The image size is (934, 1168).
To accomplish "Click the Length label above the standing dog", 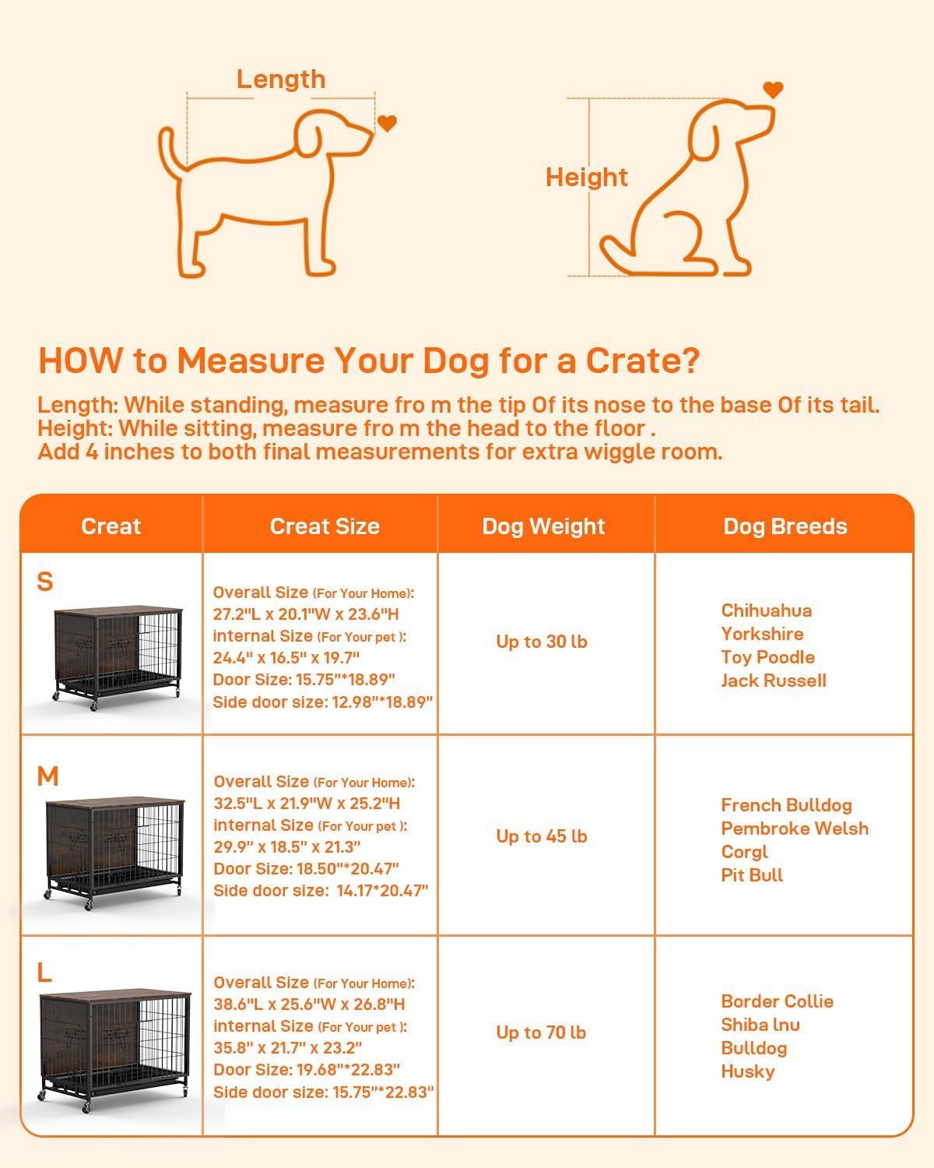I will pos(280,79).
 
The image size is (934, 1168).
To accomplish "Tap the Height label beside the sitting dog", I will pos(586,178).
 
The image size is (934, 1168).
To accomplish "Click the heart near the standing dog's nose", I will pos(387,123).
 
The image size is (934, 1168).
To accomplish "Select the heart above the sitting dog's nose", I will pos(772,90).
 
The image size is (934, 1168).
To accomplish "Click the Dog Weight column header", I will pos(543,526).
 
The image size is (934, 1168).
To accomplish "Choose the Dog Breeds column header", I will pos(785,526).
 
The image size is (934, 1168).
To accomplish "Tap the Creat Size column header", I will pos(325,526).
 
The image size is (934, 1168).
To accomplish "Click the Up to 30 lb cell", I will pos(542,642).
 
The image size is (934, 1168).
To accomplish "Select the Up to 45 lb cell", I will pos(542,836).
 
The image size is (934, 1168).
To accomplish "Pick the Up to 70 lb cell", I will pos(542,1033).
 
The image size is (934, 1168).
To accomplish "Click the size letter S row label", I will pos(45,582).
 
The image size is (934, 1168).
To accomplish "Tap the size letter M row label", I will pos(47,776).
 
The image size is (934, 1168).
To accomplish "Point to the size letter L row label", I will pos(44,973).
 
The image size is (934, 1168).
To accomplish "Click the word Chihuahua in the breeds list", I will pos(766,610).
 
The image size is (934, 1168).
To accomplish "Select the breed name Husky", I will pos(748,1071).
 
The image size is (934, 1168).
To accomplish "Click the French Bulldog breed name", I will pos(786,805).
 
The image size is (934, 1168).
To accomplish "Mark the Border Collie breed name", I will pos(777,1001).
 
